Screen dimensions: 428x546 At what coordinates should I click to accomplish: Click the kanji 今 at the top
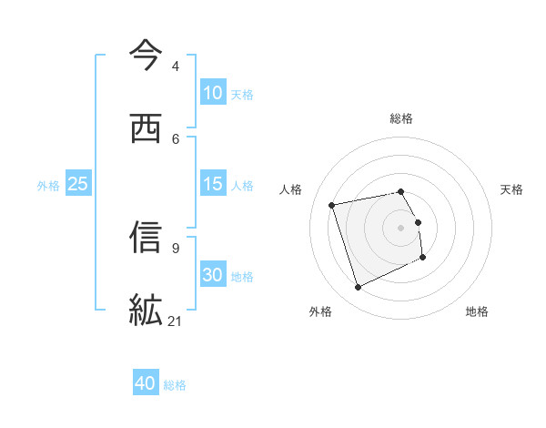(146, 56)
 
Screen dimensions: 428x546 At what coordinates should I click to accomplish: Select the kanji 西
(146, 128)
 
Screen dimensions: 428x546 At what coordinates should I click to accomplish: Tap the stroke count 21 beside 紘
(176, 321)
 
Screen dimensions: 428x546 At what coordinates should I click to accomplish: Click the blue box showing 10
(212, 93)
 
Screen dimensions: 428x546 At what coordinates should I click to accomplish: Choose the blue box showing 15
(212, 184)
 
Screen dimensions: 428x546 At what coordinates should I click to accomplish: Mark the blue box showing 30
(212, 275)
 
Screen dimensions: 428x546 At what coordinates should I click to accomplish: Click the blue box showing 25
(77, 184)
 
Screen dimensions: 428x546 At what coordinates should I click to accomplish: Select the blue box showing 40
(146, 383)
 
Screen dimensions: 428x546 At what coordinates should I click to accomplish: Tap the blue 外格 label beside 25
(48, 185)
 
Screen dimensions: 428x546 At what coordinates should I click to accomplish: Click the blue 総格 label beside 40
(175, 384)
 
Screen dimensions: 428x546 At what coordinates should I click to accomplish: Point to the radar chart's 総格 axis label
(401, 118)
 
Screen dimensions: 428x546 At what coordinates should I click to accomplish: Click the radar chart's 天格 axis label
(511, 189)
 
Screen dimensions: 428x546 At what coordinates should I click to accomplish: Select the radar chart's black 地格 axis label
(477, 311)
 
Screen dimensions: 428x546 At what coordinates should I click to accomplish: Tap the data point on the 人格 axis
(332, 204)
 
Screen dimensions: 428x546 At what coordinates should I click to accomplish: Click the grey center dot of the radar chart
(401, 227)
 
